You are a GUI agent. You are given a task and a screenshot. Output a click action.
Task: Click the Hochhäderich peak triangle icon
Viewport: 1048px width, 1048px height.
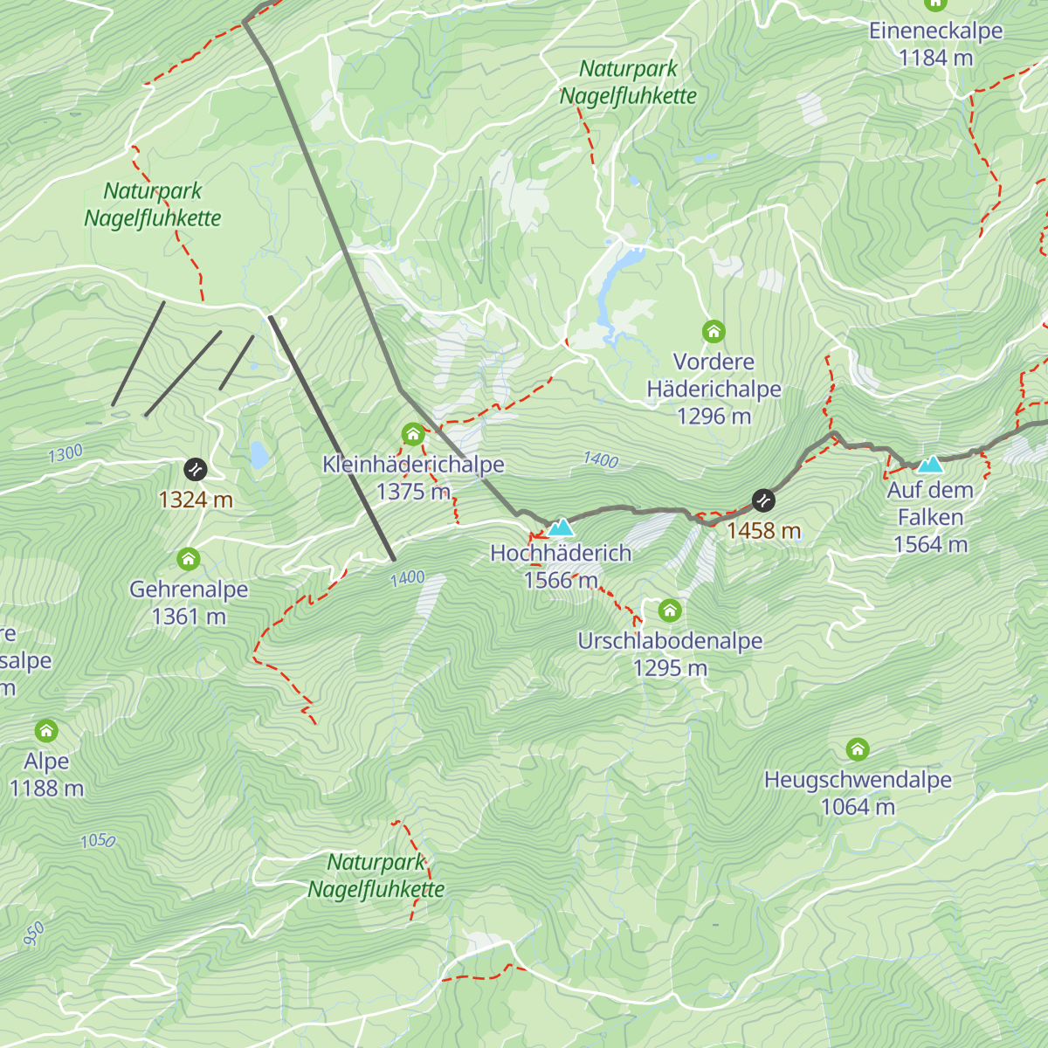tap(561, 527)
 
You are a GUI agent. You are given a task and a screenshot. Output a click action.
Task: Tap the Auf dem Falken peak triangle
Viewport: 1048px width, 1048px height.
tap(930, 465)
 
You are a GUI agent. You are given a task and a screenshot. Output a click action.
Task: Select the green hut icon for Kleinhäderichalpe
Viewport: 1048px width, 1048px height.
tap(413, 434)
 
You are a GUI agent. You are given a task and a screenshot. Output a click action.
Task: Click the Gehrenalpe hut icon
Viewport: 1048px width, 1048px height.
tap(189, 559)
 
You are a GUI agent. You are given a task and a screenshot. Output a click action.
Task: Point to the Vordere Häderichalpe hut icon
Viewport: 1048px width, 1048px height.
tap(714, 332)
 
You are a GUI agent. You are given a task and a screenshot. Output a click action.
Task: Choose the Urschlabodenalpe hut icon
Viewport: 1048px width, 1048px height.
tap(670, 610)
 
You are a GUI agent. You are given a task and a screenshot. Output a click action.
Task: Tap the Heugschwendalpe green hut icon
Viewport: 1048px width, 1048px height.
tap(858, 749)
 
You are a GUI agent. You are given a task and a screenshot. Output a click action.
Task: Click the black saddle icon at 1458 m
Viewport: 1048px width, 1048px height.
tap(763, 500)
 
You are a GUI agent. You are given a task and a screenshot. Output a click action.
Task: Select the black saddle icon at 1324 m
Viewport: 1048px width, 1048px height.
tap(196, 470)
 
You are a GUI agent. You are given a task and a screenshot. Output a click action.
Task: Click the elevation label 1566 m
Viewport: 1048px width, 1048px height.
tap(561, 581)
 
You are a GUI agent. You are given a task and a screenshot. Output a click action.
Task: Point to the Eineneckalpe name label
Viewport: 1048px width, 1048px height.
tap(935, 31)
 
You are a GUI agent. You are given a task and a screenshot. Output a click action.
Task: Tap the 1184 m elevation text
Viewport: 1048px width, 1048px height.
tap(935, 59)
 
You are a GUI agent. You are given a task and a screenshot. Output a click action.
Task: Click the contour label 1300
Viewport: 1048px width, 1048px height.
tap(65, 453)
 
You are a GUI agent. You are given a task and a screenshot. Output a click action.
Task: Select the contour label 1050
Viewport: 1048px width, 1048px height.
tap(98, 840)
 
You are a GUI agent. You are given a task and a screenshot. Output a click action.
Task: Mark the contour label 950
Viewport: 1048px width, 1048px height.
tap(33, 934)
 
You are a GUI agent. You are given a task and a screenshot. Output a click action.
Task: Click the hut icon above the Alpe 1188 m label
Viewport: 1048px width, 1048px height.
tap(46, 730)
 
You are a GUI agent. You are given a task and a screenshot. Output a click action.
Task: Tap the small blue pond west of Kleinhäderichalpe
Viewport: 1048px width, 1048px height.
tap(259, 454)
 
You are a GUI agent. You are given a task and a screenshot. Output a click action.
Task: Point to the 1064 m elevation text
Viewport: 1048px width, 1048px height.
tap(858, 807)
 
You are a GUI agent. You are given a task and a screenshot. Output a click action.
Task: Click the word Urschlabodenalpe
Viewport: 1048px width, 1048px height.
tap(670, 641)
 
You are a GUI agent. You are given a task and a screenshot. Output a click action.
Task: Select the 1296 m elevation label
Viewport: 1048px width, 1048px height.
tap(714, 417)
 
